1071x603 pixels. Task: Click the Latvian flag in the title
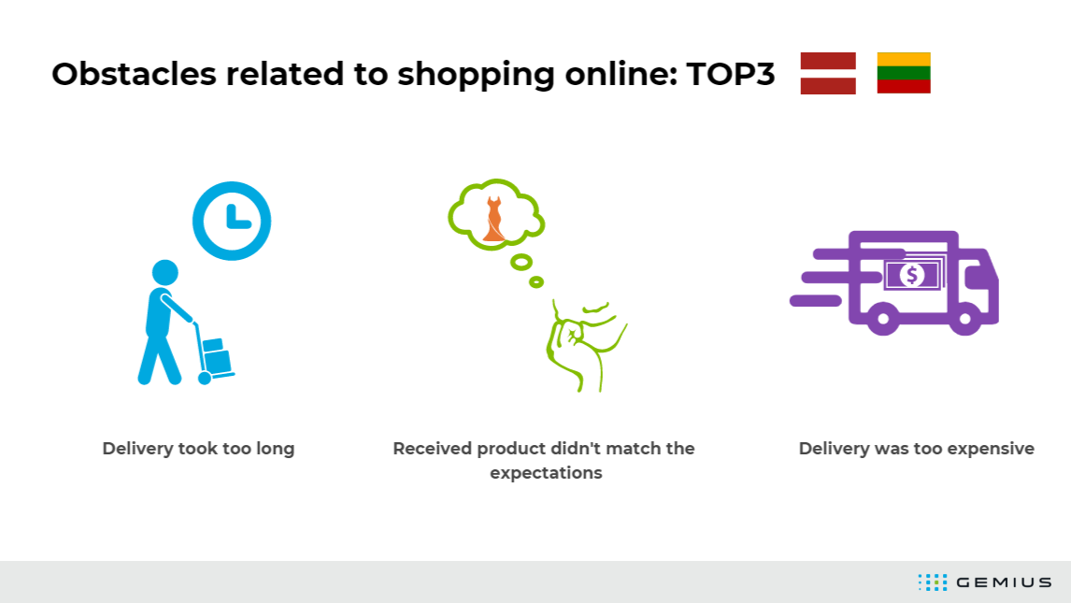(x=828, y=73)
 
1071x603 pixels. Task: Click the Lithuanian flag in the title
(x=904, y=73)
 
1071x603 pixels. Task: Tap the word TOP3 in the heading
(x=730, y=74)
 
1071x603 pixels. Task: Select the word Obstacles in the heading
(x=134, y=74)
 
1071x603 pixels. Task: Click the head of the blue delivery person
(x=164, y=272)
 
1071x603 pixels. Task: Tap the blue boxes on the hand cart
(x=217, y=356)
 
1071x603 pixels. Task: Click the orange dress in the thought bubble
(x=493, y=219)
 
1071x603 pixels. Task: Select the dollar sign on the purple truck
(x=912, y=275)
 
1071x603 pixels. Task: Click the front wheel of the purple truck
(x=965, y=318)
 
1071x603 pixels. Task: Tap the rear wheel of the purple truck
(x=883, y=318)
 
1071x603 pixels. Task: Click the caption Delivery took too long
(x=198, y=449)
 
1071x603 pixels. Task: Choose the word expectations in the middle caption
(x=546, y=473)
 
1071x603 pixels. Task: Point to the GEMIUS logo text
(x=1004, y=582)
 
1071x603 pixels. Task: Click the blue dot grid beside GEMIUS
(x=933, y=581)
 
